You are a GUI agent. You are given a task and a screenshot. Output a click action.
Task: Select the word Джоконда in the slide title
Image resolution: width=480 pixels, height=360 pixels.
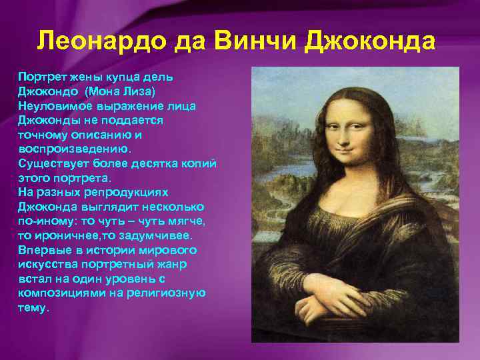click(x=370, y=41)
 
